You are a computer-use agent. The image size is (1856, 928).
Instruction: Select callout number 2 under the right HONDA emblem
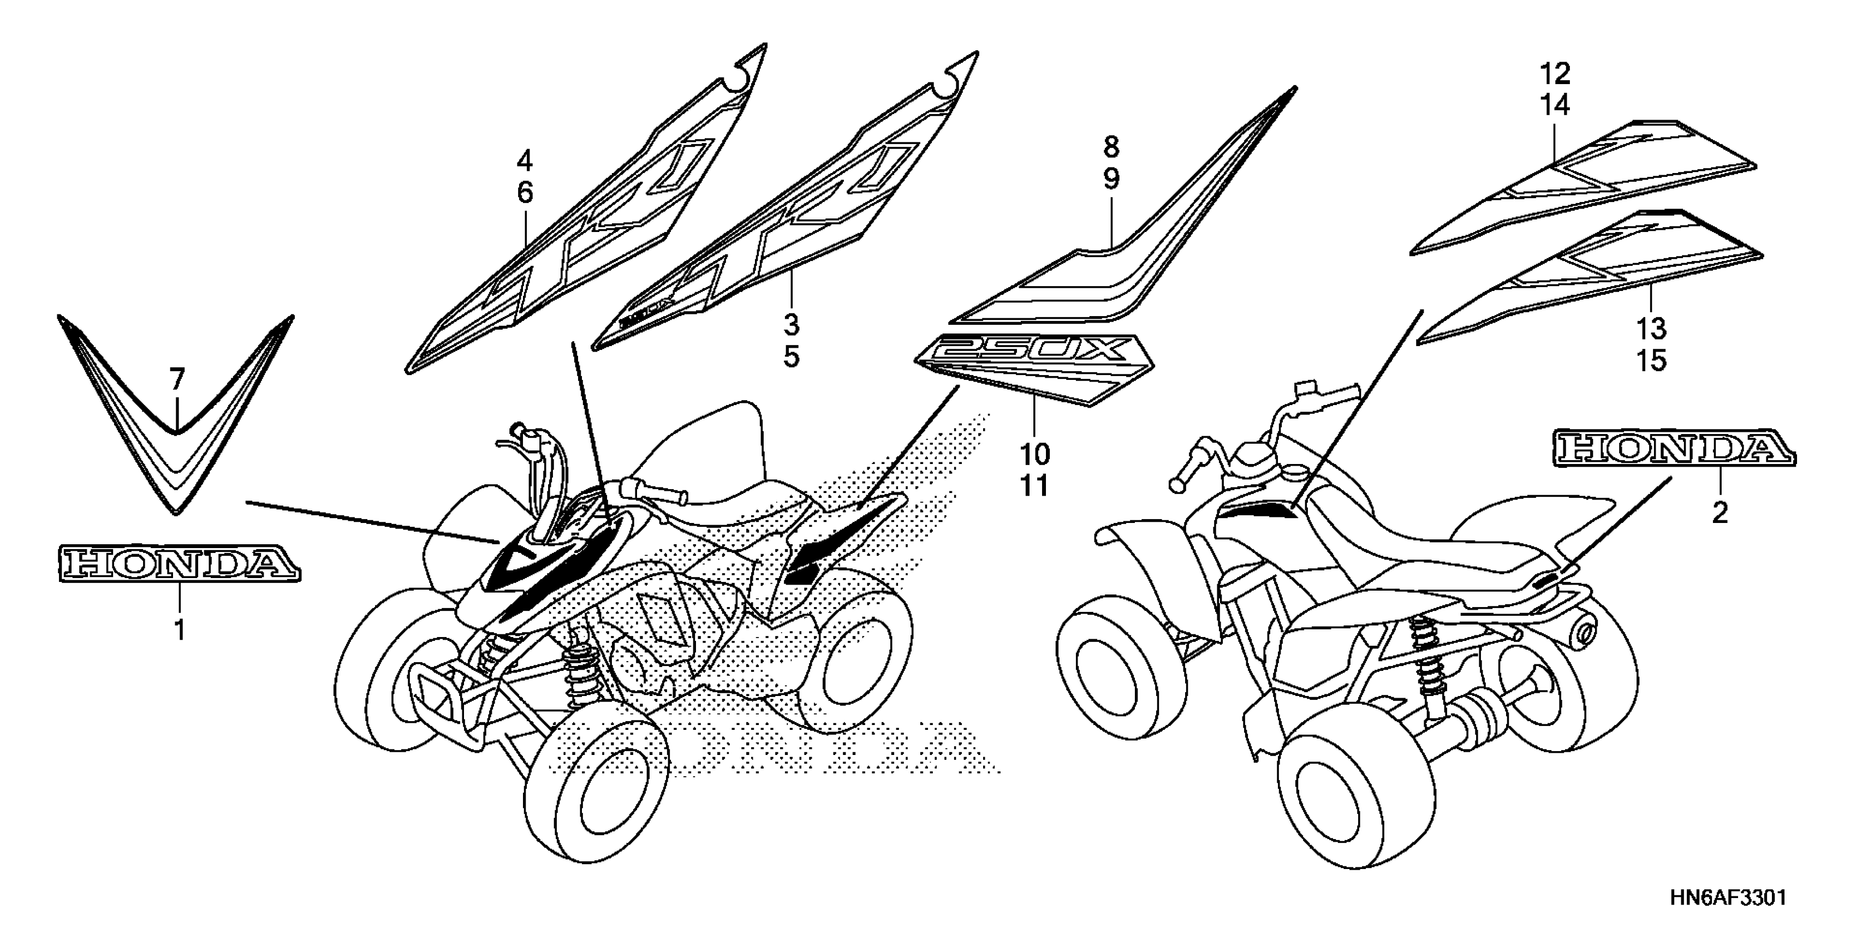1720,513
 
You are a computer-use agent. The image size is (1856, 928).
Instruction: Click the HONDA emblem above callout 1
178,563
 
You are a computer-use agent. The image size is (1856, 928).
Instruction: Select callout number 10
1034,455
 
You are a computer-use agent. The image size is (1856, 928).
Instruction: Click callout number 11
1034,486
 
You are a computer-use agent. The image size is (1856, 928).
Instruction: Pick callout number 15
1651,361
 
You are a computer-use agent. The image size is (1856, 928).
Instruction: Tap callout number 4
525,160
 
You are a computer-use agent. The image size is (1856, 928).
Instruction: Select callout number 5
791,356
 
